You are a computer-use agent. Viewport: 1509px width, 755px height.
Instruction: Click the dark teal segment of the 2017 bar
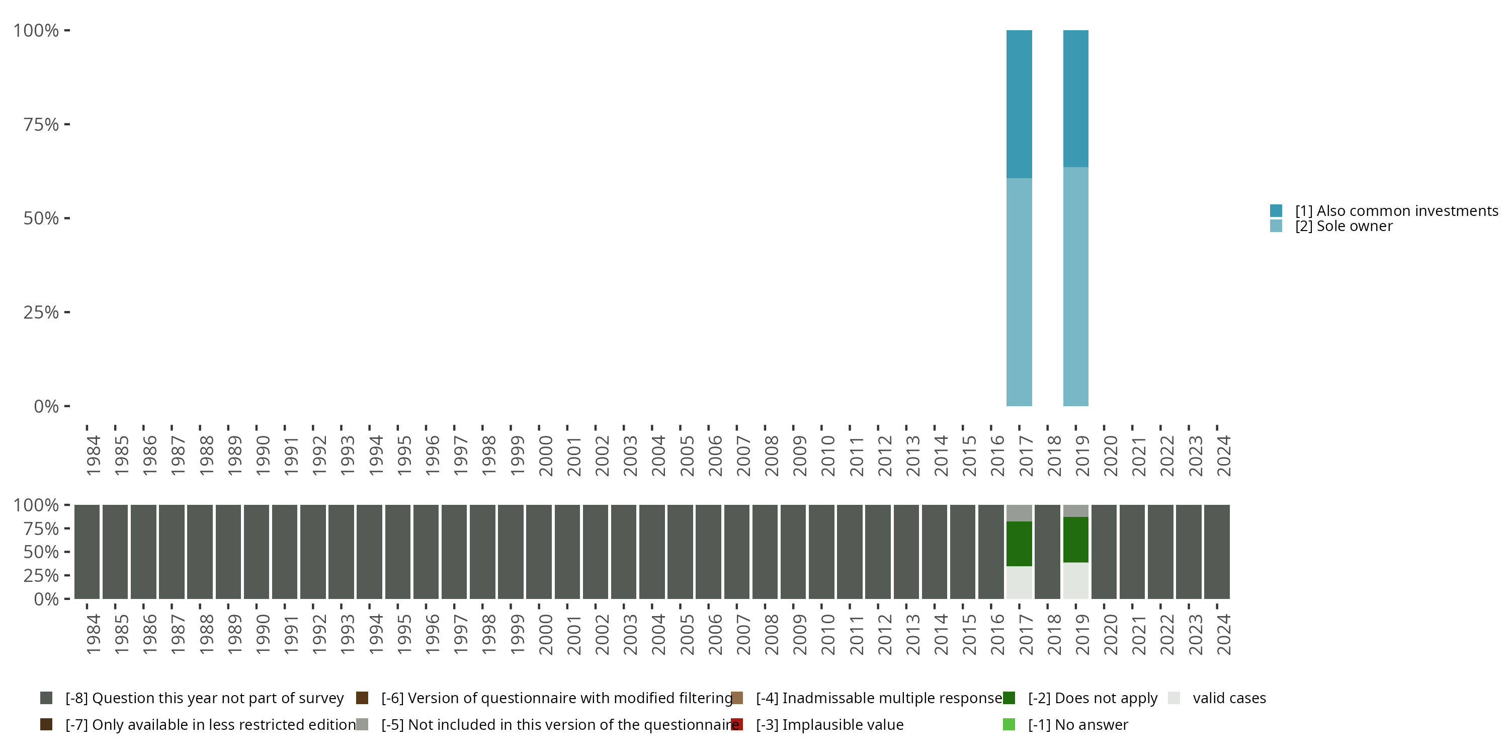(1019, 104)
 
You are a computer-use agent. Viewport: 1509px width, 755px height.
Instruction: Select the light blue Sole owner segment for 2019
(1075, 286)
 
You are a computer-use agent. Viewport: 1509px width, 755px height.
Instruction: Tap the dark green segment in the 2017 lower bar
(1019, 544)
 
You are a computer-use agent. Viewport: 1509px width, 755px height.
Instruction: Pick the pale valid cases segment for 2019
(1075, 580)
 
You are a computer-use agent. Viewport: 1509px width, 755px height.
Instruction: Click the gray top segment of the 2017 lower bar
(1019, 513)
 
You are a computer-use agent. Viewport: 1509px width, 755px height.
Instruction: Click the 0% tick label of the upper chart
(46, 406)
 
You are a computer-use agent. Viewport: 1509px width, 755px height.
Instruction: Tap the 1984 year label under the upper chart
(93, 456)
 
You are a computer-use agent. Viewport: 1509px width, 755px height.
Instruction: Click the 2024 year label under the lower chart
(1223, 634)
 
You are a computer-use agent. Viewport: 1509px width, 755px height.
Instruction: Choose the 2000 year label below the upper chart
(545, 456)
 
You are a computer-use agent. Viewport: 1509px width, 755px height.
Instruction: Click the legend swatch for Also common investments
(1276, 210)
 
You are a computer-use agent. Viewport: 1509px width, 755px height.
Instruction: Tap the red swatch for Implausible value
(737, 724)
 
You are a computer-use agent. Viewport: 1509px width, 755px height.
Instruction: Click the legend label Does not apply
(1093, 698)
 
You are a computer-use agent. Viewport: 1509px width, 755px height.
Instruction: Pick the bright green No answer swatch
(1009, 724)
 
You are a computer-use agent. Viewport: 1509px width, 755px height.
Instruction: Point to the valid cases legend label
(1229, 698)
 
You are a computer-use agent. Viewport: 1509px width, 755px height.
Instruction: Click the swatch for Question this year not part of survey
(46, 698)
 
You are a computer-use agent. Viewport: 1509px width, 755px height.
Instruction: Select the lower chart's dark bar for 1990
(257, 552)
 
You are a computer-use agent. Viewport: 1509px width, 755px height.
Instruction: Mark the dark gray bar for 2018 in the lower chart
(1047, 552)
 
